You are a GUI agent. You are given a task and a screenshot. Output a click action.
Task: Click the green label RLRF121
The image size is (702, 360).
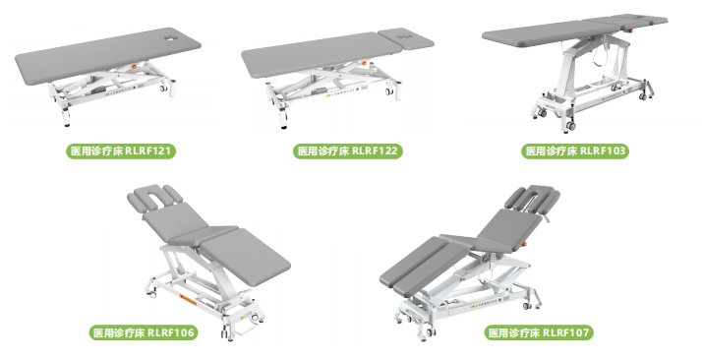(121, 150)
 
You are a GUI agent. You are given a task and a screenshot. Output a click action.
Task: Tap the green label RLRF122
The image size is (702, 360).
(348, 150)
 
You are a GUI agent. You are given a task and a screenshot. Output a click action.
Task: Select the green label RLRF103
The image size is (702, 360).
(575, 150)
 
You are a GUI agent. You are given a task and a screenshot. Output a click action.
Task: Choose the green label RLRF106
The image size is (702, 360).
(144, 332)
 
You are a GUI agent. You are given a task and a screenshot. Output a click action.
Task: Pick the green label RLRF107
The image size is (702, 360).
(539, 332)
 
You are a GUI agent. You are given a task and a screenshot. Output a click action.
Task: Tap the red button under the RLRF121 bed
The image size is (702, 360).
(133, 65)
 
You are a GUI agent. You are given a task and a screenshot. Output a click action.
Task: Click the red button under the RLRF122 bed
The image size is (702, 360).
(364, 63)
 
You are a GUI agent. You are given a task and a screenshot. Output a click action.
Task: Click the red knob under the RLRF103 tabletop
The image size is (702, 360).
(631, 30)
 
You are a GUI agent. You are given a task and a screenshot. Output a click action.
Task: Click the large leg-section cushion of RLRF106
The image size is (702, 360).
(245, 258)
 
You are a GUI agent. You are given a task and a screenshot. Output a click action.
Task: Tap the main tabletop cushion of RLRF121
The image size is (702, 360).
(107, 56)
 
